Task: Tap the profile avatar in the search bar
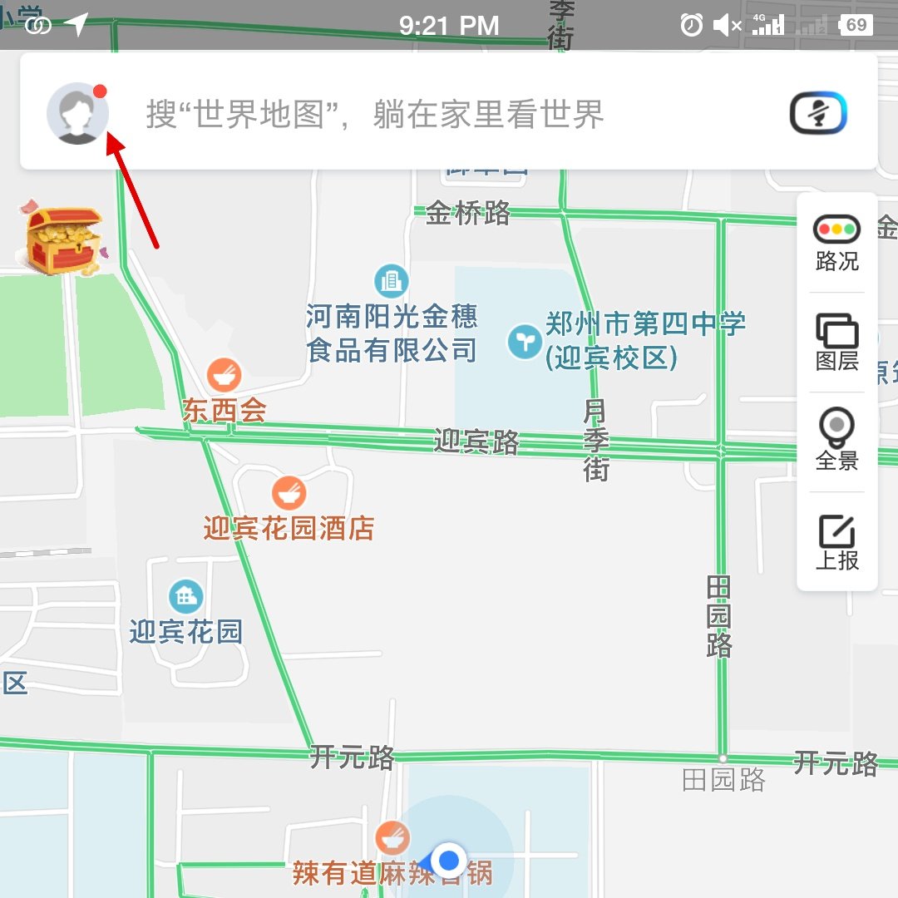(77, 114)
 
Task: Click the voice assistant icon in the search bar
(817, 113)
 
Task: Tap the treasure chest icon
(63, 241)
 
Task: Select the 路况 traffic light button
(836, 243)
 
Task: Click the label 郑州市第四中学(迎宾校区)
(645, 340)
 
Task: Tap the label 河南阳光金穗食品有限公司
(392, 333)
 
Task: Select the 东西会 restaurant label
(224, 411)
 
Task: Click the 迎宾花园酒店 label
(289, 528)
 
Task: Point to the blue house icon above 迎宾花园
(185, 595)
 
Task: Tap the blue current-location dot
(450, 858)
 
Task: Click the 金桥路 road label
(468, 214)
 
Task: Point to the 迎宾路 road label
(476, 442)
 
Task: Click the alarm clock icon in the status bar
(691, 25)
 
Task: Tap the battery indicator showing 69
(856, 25)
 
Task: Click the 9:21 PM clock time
(449, 26)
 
